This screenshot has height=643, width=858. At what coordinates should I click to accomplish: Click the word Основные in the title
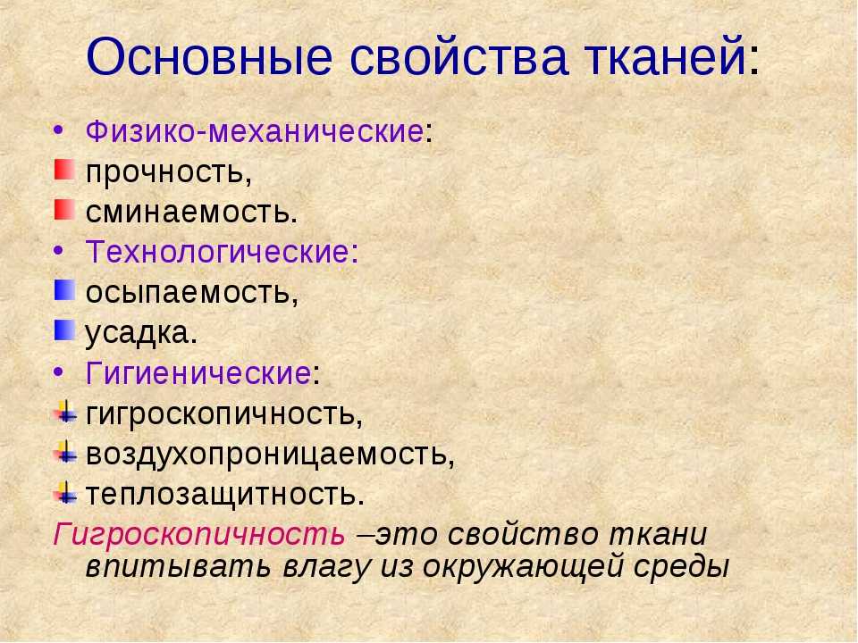(x=209, y=57)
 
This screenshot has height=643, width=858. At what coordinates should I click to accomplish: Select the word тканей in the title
(x=667, y=57)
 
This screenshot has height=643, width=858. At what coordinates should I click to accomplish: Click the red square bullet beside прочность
(x=64, y=170)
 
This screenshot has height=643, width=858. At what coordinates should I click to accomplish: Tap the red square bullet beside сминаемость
(x=64, y=210)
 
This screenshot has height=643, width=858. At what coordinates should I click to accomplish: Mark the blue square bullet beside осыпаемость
(x=64, y=290)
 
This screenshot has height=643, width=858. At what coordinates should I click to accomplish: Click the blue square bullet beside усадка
(x=64, y=330)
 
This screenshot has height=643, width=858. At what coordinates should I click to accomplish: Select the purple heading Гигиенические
(x=198, y=373)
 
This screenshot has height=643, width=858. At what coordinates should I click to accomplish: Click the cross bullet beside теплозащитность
(x=65, y=493)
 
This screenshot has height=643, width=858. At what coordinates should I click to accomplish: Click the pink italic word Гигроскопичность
(x=199, y=534)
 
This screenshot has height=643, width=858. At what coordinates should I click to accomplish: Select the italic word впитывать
(x=179, y=566)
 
